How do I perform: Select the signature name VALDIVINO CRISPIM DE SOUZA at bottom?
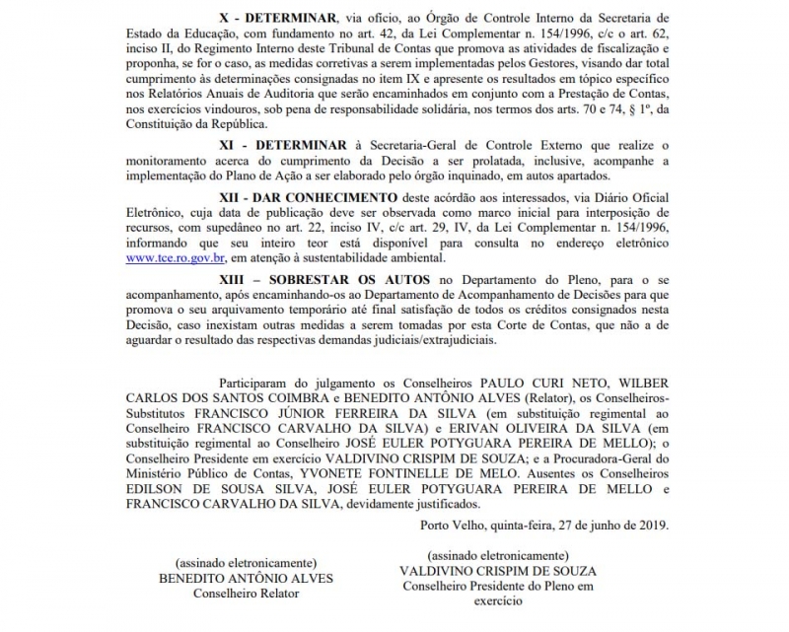click(x=498, y=571)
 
